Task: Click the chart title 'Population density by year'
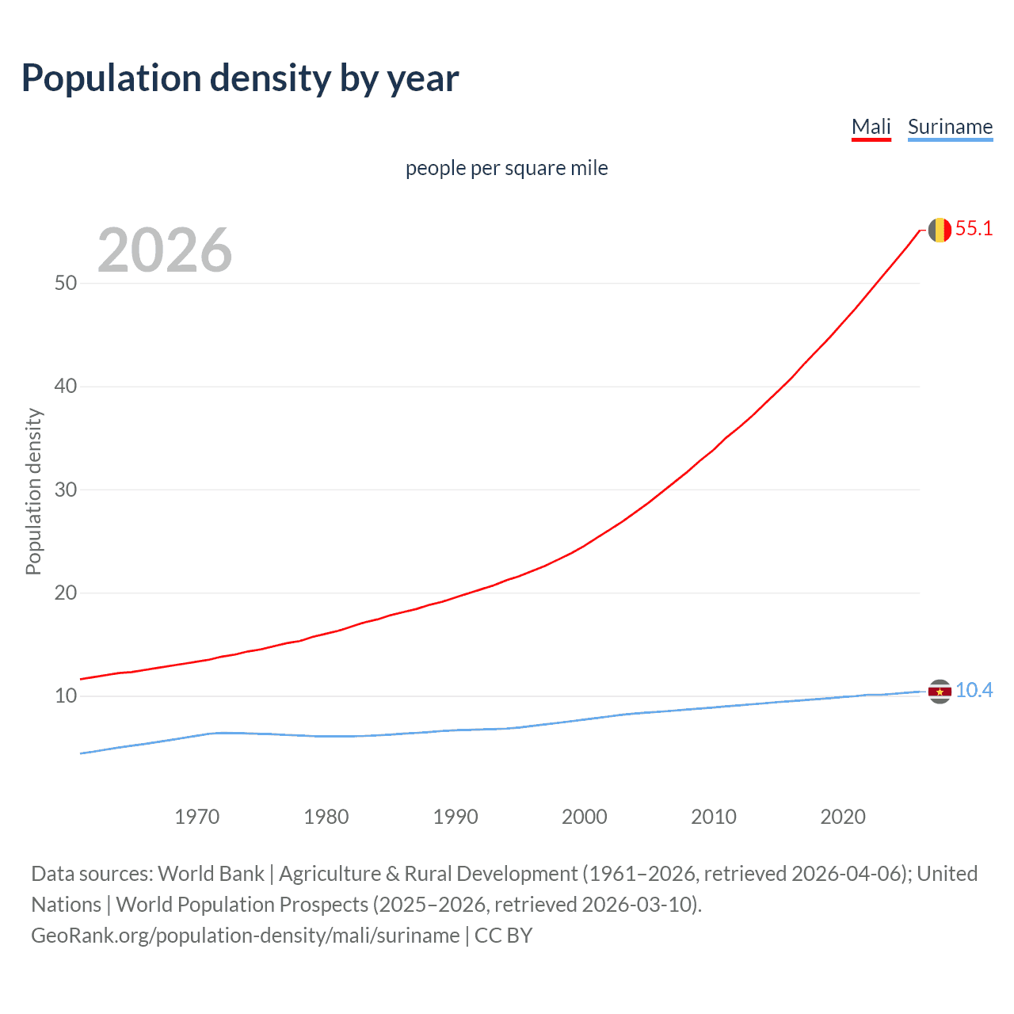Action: pyautogui.click(x=240, y=78)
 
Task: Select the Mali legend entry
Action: pyautogui.click(x=871, y=127)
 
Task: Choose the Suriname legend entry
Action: pyautogui.click(x=950, y=127)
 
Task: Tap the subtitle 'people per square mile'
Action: pyautogui.click(x=506, y=168)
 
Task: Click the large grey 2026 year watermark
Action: pyautogui.click(x=165, y=250)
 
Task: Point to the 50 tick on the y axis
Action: pyautogui.click(x=66, y=284)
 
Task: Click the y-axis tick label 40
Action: pyautogui.click(x=66, y=387)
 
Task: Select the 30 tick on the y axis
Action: pyautogui.click(x=66, y=490)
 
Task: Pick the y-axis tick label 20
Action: pyautogui.click(x=66, y=593)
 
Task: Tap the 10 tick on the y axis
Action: pyautogui.click(x=66, y=696)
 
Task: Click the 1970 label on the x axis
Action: pyautogui.click(x=196, y=817)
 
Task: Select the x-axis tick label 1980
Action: pyautogui.click(x=326, y=817)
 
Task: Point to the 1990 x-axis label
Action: pyautogui.click(x=455, y=817)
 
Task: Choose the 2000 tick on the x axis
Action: pyautogui.click(x=584, y=817)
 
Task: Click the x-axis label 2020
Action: pyautogui.click(x=842, y=817)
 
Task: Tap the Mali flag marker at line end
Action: pyautogui.click(x=940, y=230)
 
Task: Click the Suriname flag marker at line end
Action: pyautogui.click(x=940, y=692)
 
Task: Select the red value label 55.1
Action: pyautogui.click(x=974, y=229)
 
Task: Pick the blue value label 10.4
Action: pyautogui.click(x=974, y=691)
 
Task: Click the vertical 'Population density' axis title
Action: pyautogui.click(x=33, y=491)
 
